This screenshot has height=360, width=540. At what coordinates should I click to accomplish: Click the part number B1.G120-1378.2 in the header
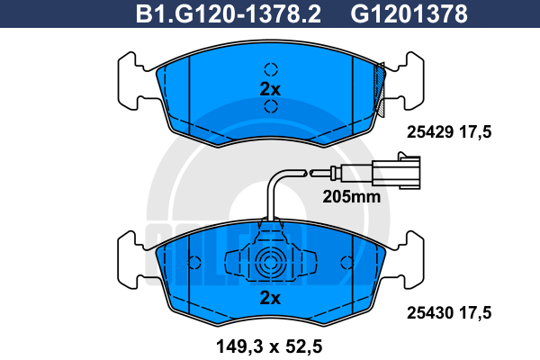tap(228, 14)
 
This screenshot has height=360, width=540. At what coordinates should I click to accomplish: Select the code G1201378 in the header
tap(409, 14)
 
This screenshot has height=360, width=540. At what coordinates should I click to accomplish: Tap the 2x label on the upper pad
tap(270, 89)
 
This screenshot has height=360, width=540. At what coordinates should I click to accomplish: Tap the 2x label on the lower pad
tap(270, 297)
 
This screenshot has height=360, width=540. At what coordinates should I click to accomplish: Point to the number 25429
tap(430, 132)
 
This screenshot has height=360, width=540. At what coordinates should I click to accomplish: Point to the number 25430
tap(430, 313)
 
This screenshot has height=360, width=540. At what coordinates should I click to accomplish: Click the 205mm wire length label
tap(352, 197)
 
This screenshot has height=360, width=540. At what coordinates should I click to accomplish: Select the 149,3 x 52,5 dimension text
tap(269, 346)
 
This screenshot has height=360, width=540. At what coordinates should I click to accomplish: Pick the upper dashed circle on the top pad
tap(271, 69)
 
